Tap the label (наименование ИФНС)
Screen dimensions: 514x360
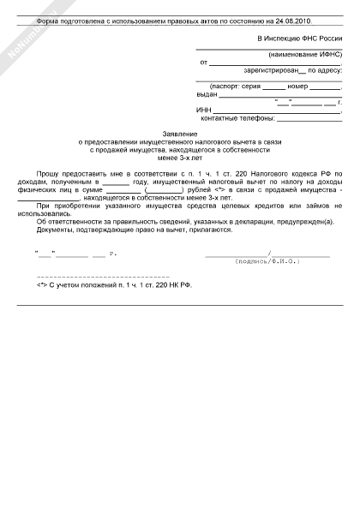[305, 54]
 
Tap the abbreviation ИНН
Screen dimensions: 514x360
[203, 111]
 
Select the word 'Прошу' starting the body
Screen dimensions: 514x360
[50, 174]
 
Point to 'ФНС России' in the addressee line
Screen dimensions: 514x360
[317, 39]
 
